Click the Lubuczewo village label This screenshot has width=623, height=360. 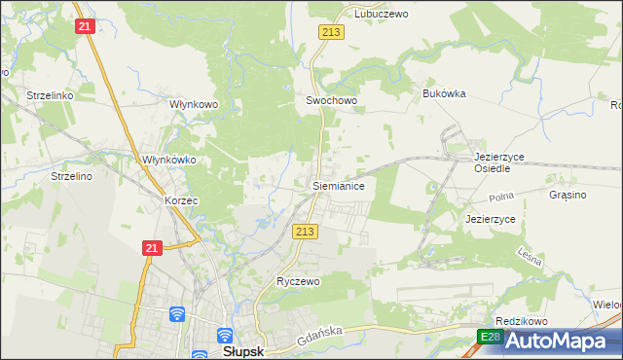381,15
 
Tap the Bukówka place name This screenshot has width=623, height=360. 445,93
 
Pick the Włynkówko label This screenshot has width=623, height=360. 170,160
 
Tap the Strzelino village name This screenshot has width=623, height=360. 71,176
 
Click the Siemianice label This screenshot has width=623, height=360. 338,184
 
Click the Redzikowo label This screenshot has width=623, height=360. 522,321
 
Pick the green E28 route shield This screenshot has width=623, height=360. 491,337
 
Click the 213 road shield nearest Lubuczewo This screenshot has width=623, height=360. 329,33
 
